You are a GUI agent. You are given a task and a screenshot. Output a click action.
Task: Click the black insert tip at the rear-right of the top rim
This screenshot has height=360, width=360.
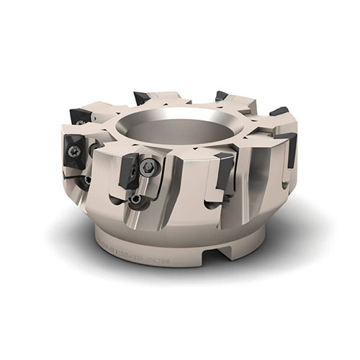pos(221,96)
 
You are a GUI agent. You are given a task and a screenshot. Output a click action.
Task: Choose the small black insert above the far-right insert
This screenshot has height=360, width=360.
pos(279,112)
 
